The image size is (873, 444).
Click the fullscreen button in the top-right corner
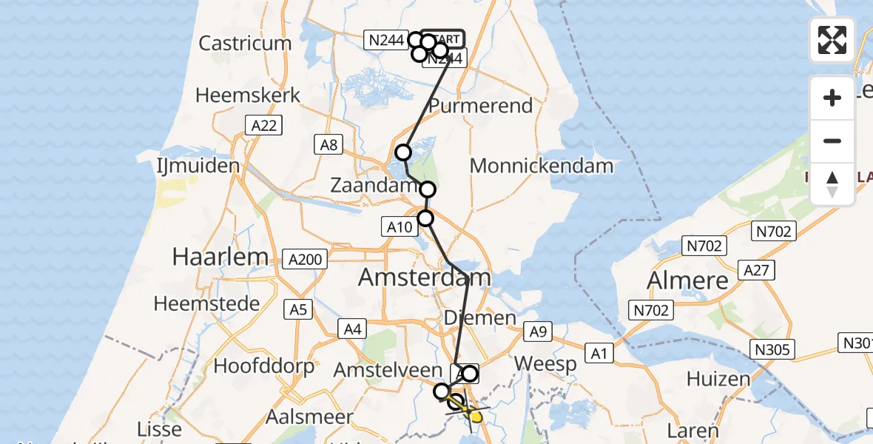[832, 40]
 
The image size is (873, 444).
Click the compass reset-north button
[832, 184]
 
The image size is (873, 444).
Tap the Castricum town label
[245, 43]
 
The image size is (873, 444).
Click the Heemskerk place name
[248, 95]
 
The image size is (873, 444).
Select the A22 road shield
[263, 126]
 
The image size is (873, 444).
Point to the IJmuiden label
[198, 165]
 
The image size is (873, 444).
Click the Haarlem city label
[220, 257]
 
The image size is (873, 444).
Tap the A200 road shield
[306, 258]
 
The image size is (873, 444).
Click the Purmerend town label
[480, 106]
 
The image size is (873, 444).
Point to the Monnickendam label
[542, 166]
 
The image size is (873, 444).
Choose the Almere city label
[687, 280]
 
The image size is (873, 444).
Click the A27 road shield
[758, 270]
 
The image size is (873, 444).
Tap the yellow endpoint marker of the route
[475, 417]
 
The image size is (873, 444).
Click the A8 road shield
[328, 144]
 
